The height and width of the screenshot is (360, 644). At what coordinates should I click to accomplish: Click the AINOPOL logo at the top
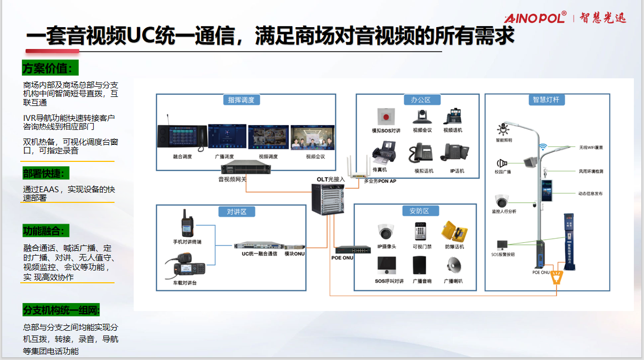[535, 18]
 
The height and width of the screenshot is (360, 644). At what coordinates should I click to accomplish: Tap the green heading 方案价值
[50, 68]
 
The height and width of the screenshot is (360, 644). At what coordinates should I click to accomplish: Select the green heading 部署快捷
[46, 173]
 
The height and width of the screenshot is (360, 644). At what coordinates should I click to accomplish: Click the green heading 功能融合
[46, 231]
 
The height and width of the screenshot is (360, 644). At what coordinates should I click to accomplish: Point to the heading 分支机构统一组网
[61, 310]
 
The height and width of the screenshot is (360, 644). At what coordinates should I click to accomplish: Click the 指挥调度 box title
[241, 100]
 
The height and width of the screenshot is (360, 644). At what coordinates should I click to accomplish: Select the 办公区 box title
[417, 100]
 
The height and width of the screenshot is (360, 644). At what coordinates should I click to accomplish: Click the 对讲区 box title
[233, 211]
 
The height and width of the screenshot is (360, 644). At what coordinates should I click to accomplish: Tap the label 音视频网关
[232, 179]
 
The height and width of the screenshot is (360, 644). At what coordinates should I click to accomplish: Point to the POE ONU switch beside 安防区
[353, 249]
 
